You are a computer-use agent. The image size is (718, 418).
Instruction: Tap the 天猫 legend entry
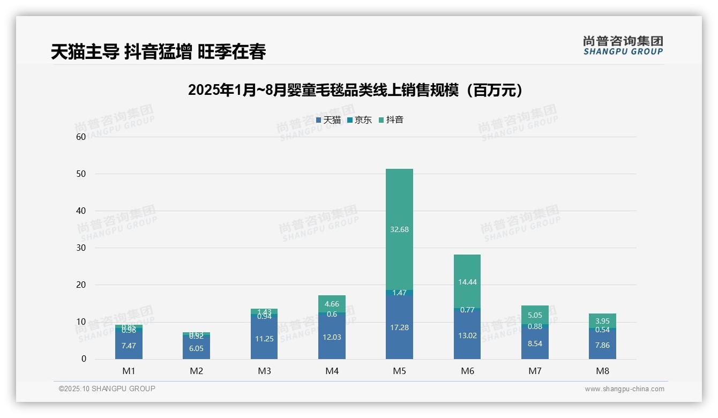click(x=328, y=120)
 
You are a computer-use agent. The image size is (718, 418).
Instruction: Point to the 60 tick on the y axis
click(x=81, y=137)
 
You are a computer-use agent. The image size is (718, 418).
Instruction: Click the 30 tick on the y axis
click(x=81, y=248)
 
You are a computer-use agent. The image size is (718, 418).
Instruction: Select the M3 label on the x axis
click(x=264, y=371)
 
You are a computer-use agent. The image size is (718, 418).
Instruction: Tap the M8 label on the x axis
click(x=602, y=371)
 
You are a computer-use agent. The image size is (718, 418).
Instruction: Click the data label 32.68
click(x=399, y=229)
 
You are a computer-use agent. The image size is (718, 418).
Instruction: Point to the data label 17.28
click(x=399, y=327)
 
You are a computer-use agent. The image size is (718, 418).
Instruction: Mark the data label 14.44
click(x=467, y=282)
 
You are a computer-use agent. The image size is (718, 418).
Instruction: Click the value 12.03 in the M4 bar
click(x=332, y=337)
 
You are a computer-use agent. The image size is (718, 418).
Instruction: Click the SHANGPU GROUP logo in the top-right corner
click(x=623, y=46)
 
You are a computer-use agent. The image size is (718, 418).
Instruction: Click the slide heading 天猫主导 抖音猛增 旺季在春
click(x=159, y=52)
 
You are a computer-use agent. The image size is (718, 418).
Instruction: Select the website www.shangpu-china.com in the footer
click(x=624, y=389)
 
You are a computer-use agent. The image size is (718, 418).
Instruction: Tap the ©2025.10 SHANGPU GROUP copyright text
click(x=107, y=389)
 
